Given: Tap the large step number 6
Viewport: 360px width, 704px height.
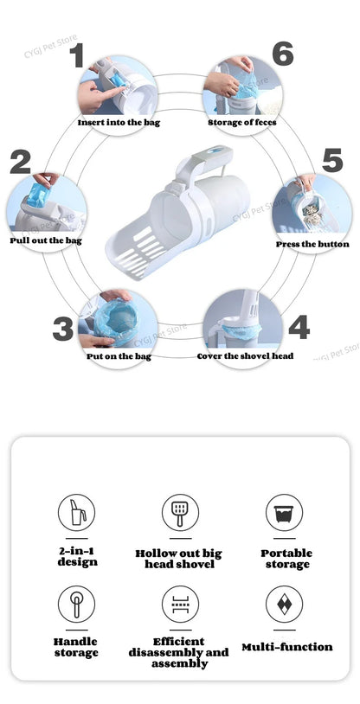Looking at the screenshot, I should pos(282,53).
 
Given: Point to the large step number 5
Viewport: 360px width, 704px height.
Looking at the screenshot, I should pos(333,160).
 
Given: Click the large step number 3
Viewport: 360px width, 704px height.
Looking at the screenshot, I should pos(62,329).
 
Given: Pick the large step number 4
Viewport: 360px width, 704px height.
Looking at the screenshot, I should pos(299,328).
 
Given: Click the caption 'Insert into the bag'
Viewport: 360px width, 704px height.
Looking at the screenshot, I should pos(119,123).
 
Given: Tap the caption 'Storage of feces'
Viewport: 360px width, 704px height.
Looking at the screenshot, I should pos(242,123).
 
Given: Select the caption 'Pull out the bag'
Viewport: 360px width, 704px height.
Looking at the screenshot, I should pos(46,240).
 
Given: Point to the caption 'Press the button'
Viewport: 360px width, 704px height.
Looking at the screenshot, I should pos(312,245).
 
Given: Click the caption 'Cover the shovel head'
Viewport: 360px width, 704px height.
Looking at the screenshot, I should pos(245,356).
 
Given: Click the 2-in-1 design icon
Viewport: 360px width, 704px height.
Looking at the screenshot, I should pos(77,513).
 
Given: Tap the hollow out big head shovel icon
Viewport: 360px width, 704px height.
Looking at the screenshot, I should pos(179,513).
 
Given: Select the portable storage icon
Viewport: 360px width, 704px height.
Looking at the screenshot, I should pos(284,513).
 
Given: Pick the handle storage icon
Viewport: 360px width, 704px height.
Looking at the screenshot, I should pos(77,603).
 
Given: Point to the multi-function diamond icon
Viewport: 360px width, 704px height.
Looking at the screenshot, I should pos(284,603).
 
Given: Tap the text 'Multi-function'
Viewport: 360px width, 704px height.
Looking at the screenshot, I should pos(286,647).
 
